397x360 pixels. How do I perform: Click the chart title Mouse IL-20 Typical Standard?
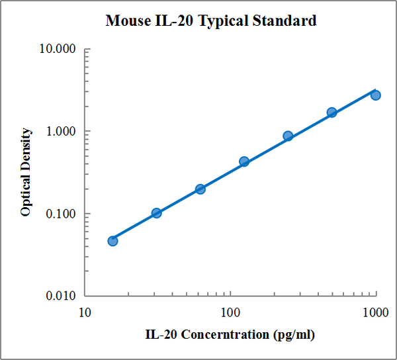pyautogui.click(x=211, y=21)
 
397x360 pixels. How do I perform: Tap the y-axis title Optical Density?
pyautogui.click(x=26, y=173)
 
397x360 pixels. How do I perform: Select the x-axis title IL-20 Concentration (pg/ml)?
pyautogui.click(x=230, y=334)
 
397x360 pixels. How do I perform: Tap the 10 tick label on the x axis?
pyautogui.click(x=85, y=312)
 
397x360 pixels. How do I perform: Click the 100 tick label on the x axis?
pyautogui.click(x=230, y=312)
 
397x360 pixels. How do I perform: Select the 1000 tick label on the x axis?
pyautogui.click(x=376, y=312)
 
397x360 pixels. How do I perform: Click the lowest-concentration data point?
pyautogui.click(x=112, y=241)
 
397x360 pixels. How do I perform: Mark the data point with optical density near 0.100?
pyautogui.click(x=156, y=213)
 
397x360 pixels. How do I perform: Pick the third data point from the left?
pyautogui.click(x=200, y=189)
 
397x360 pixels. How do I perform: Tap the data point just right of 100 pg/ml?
pyautogui.click(x=244, y=161)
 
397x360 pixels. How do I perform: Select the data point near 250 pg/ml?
pyautogui.click(x=288, y=136)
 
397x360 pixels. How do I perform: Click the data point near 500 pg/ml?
pyautogui.click(x=331, y=112)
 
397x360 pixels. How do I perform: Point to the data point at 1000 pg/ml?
pyautogui.click(x=375, y=95)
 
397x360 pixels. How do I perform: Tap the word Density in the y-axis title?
pyautogui.click(x=26, y=151)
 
